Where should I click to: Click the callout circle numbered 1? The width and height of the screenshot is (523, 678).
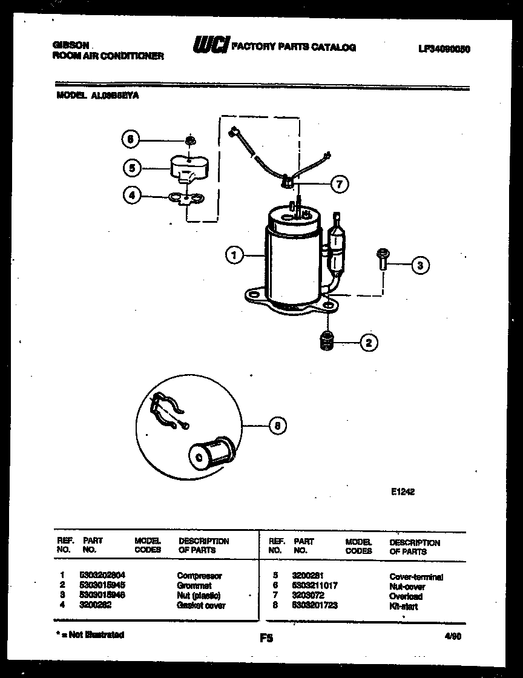click(233, 256)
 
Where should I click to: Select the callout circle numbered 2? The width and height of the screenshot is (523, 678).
click(369, 343)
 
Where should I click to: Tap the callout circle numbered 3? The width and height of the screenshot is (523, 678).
click(420, 264)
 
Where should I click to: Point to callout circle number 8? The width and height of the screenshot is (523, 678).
click(277, 426)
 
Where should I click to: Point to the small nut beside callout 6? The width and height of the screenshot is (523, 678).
click(190, 140)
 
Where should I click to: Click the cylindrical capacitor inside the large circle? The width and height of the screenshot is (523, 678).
click(209, 452)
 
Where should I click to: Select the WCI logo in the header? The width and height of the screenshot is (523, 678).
click(211, 45)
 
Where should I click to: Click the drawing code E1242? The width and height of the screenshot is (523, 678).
click(403, 492)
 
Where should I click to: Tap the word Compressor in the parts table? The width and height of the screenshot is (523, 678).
click(199, 576)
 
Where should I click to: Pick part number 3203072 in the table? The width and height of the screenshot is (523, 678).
click(308, 596)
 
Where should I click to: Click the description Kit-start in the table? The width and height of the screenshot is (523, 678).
click(403, 606)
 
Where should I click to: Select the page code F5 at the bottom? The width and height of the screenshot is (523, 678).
click(265, 637)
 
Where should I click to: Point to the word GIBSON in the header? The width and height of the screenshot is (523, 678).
click(71, 45)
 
